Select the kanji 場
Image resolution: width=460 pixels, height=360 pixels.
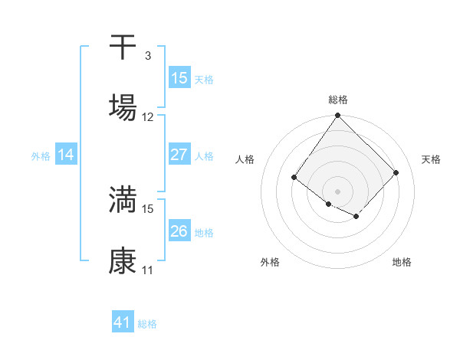coord(123,107)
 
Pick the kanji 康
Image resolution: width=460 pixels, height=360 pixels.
coord(123,260)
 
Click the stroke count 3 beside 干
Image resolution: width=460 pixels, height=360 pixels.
coord(147,56)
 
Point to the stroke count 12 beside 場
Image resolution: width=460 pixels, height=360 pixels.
coord(148,117)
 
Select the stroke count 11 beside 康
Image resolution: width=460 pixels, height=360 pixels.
coord(148,270)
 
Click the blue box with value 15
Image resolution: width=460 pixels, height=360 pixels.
coord(179,77)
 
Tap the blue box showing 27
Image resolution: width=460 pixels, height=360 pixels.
coord(179,154)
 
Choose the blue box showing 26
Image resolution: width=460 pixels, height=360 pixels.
coord(179,231)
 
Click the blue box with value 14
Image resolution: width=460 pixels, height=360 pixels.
coord(66,155)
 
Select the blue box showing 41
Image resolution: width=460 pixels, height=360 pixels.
coord(123,322)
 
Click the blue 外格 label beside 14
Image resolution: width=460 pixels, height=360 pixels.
coord(41,156)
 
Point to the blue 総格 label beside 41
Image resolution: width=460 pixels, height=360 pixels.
coord(147,324)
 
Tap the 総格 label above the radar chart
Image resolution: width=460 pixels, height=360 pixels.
coord(337,100)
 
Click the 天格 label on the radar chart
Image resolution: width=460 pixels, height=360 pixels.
coord(431,159)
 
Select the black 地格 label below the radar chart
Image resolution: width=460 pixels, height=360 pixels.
coord(402,262)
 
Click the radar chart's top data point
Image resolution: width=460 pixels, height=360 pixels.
coord(337,116)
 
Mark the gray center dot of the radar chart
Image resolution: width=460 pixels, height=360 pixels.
coord(337,191)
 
